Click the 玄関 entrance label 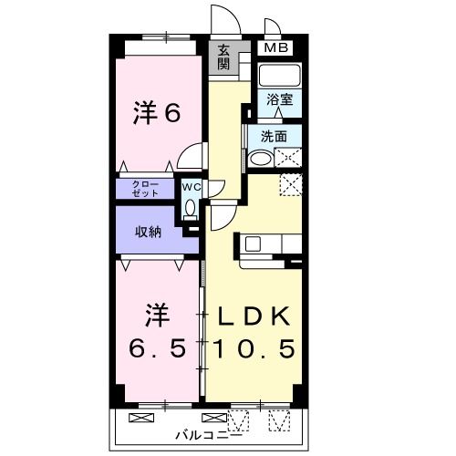pos(224,58)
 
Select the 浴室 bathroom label pos(279,99)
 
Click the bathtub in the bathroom pos(279,75)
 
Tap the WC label pos(190,187)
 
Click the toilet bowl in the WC pos(190,208)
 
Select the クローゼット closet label pos(144,188)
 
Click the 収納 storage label pos(149,232)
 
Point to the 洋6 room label pos(157,114)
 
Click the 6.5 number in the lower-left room pos(157,348)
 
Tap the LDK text pos(254,316)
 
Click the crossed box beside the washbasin pos(288,157)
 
